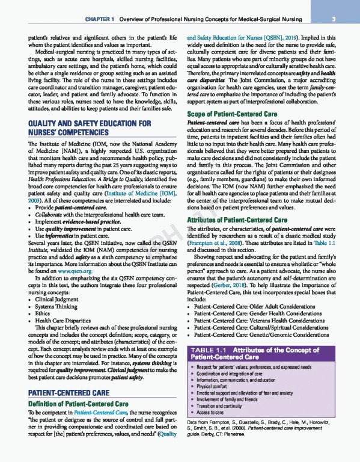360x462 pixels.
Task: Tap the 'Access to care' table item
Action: coord(214,413)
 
